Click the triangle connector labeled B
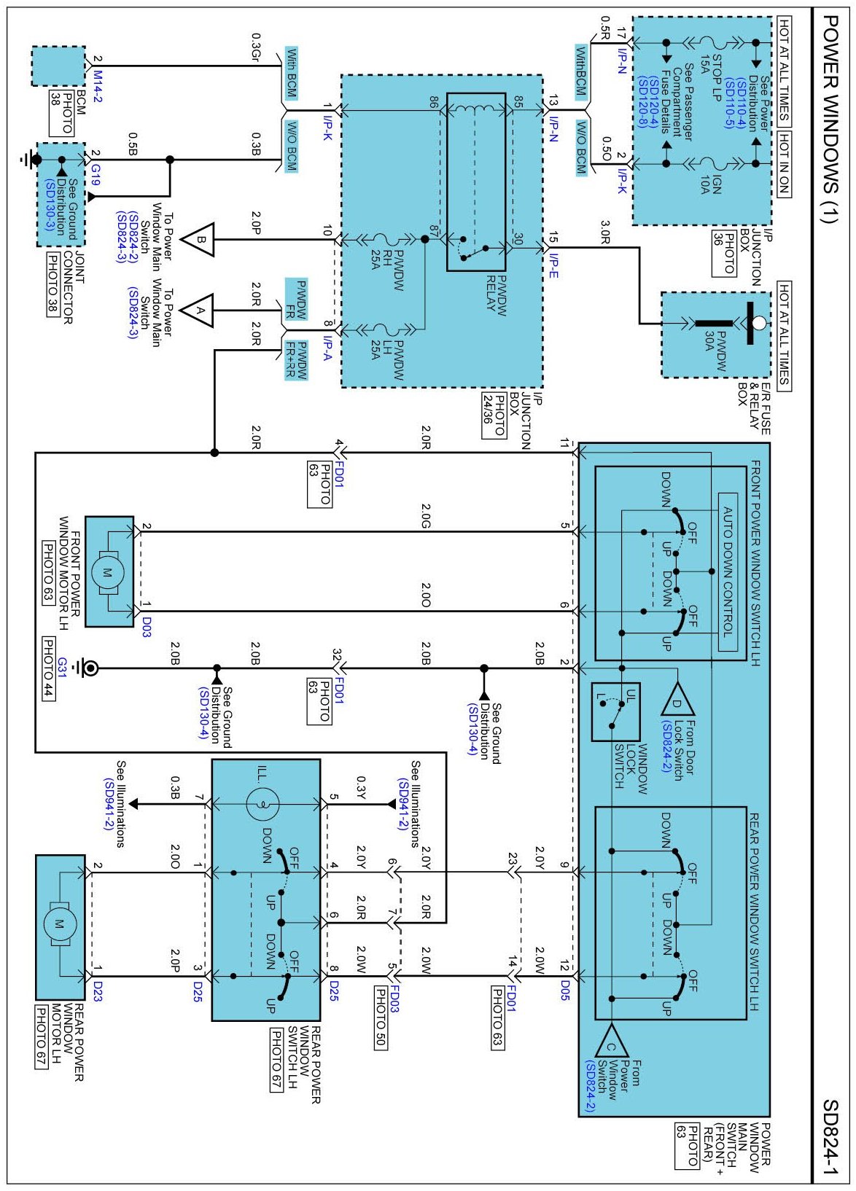coord(198,240)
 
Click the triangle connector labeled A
coord(198,311)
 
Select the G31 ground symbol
coord(85,668)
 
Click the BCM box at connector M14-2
coord(58,66)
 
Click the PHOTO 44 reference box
coord(48,669)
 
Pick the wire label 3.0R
coord(605,233)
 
